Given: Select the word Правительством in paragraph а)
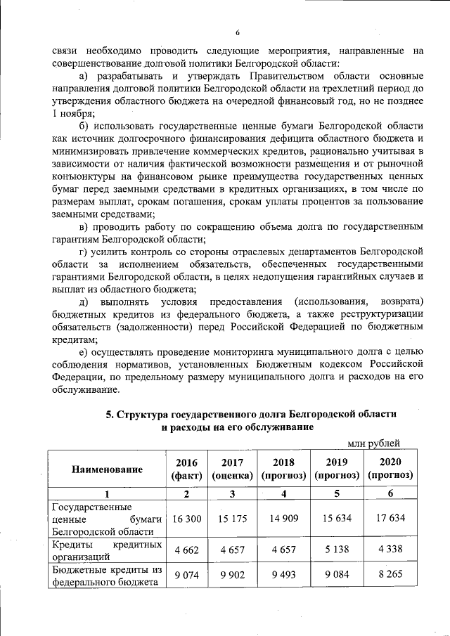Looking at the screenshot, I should pyautogui.click(x=262, y=75).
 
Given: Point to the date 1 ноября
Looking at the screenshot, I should pyautogui.click(x=73, y=113).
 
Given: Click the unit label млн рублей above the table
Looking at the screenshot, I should pyautogui.click(x=374, y=443).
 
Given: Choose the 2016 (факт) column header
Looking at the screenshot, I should pyautogui.click(x=186, y=469).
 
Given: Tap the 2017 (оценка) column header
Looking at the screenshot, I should pyautogui.click(x=233, y=469).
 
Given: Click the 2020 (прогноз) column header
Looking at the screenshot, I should pyautogui.click(x=390, y=469).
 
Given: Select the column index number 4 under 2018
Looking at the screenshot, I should pyautogui.click(x=283, y=494).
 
